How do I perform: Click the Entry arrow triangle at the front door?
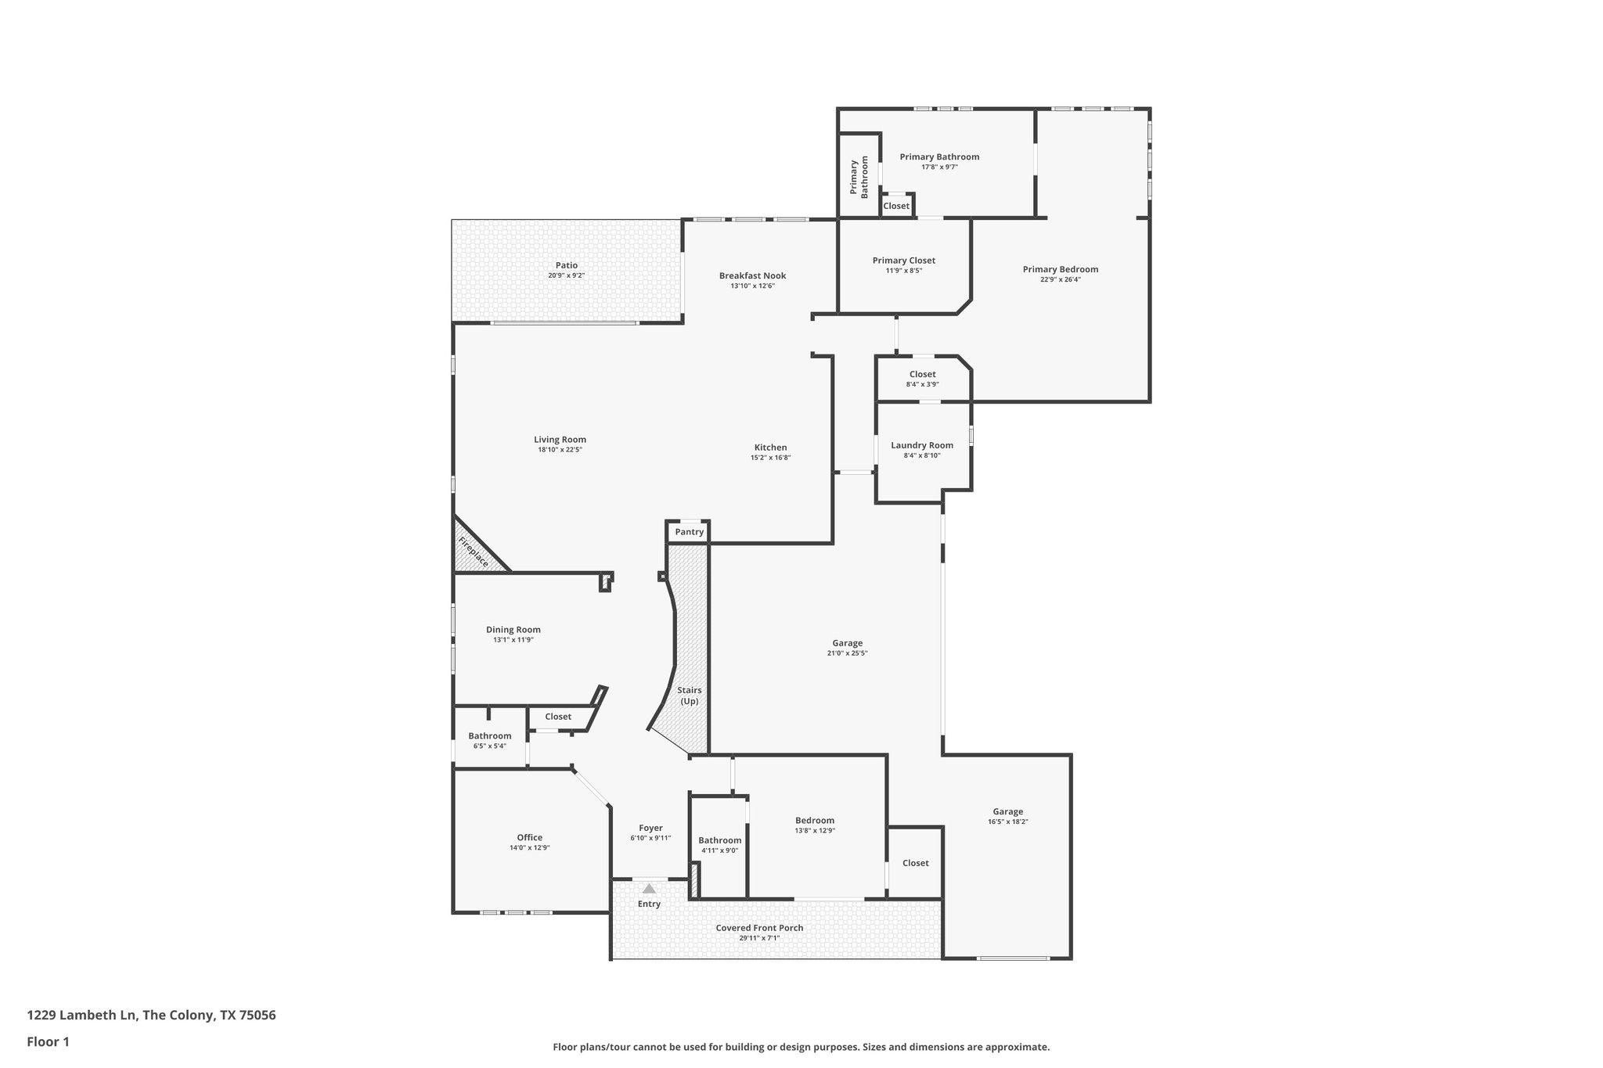pos(649,888)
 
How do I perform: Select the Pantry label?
pos(689,532)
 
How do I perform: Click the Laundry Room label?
pos(922,445)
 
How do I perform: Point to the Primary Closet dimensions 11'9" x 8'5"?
pos(903,271)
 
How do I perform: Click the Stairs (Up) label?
pos(689,696)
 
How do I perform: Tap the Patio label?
pos(566,265)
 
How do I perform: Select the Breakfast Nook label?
pos(752,275)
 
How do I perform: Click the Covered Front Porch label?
pos(759,928)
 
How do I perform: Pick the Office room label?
pos(529,837)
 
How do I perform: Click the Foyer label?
pos(650,828)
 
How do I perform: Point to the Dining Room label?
pos(513,629)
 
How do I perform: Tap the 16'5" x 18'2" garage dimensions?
pos(1007,822)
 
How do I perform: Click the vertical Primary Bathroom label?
pos(859,178)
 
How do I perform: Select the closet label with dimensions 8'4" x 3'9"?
pos(922,374)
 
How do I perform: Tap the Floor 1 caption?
pos(48,1041)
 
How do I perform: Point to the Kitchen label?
pos(770,448)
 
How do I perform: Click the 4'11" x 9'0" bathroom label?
pos(719,840)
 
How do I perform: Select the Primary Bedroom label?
pos(1060,269)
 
